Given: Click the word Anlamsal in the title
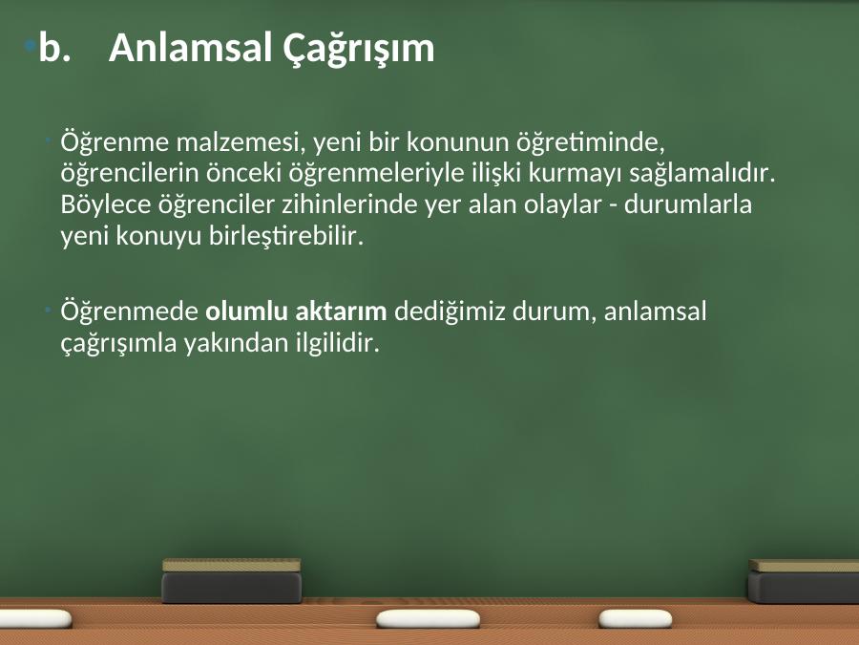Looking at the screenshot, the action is pyautogui.click(x=191, y=48).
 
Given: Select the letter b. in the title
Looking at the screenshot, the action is pyautogui.click(x=54, y=48).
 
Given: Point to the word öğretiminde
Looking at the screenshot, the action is pyautogui.click(x=591, y=143).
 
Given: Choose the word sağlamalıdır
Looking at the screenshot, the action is pyautogui.click(x=702, y=173).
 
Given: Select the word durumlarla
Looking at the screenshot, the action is pyautogui.click(x=688, y=204).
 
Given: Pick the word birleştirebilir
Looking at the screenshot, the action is pyautogui.click(x=286, y=236).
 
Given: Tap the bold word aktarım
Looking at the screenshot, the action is pyautogui.click(x=342, y=312).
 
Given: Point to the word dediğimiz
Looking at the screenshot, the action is pyautogui.click(x=450, y=312).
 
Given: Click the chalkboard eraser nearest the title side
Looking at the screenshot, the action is pyautogui.click(x=232, y=580).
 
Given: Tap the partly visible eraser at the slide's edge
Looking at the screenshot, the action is pyautogui.click(x=804, y=581).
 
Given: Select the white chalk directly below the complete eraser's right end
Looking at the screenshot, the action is pyautogui.click(x=428, y=618).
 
